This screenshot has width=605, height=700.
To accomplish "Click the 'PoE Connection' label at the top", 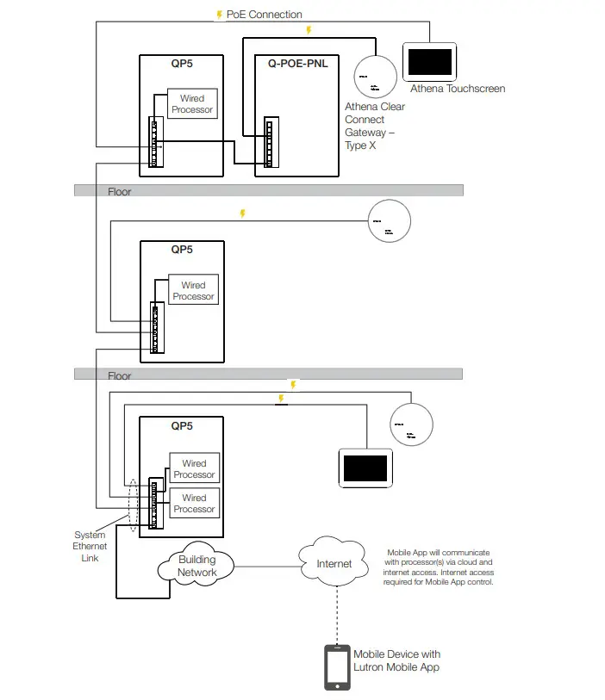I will [264, 15].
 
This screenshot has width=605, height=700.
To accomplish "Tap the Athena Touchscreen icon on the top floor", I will [429, 62].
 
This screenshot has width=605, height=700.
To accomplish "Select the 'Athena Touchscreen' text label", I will [457, 89].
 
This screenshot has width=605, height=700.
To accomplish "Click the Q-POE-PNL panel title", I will [298, 64].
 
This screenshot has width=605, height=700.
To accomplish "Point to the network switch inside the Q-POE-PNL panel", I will [269, 143].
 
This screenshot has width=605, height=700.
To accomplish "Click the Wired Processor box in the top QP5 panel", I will [192, 104].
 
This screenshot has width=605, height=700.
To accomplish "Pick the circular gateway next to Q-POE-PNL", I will [375, 76].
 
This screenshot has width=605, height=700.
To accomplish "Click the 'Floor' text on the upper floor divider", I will [120, 191].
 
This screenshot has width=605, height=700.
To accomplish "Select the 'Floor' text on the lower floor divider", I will [120, 375].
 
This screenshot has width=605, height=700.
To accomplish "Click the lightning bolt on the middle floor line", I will [243, 213].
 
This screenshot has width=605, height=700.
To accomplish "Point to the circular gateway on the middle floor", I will [389, 222].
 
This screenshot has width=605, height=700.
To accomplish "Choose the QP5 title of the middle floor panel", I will [182, 250].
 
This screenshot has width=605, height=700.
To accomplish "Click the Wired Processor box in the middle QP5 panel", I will [193, 291].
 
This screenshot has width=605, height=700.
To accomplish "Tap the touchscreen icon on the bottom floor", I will [365, 468].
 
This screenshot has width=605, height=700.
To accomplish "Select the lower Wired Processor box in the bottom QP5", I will [194, 503].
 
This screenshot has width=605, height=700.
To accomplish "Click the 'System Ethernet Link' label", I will [90, 547].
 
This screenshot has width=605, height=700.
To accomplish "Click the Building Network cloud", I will [197, 566].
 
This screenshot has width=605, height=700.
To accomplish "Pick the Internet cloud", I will [334, 564].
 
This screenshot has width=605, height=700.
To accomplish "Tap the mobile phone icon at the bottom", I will [336, 667].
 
